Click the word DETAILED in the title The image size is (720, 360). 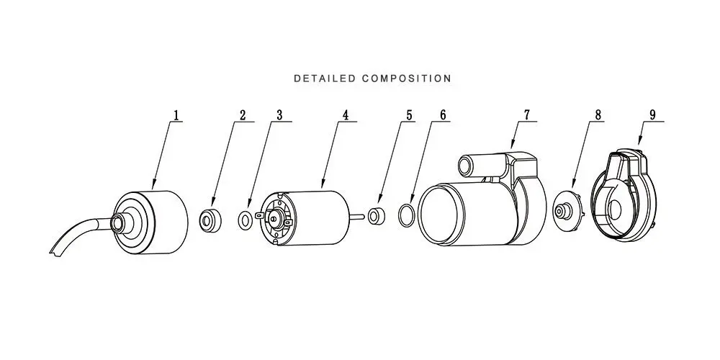coord(325,78)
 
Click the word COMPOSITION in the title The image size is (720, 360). coord(406,78)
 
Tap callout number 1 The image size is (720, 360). coord(176,114)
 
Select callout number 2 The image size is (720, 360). coord(243,114)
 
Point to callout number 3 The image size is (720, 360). coord(279,114)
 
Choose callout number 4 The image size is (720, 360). coord(346,114)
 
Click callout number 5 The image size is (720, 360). coord(409,114)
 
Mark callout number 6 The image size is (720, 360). coord(443,114)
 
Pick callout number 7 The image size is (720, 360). coord(527,114)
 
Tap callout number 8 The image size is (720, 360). coord(598,114)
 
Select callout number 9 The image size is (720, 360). coord(652,114)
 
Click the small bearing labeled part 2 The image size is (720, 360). coord(211,220)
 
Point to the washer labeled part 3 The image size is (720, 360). coord(245,220)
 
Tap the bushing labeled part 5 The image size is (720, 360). coord(377,215)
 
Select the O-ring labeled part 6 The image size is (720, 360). coord(399,216)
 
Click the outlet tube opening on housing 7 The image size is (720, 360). coord(466,166)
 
